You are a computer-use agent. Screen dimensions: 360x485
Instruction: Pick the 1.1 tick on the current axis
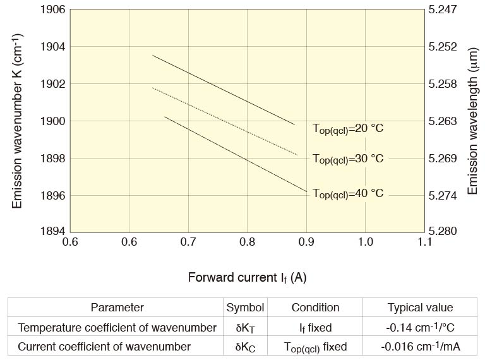click(425, 242)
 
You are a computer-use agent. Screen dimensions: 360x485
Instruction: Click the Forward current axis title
click(247, 277)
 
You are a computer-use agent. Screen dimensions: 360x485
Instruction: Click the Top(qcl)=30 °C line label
click(348, 159)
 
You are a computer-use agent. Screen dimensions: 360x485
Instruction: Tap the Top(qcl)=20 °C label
click(348, 128)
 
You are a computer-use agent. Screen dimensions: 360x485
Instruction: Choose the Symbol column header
click(245, 308)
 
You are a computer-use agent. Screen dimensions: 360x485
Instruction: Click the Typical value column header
click(420, 308)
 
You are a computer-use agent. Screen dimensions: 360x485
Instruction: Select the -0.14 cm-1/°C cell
click(420, 327)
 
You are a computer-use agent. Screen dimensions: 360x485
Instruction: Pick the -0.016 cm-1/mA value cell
click(420, 346)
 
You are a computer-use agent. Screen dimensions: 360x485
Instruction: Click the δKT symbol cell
click(245, 327)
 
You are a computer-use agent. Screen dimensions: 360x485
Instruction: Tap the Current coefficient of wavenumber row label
click(104, 346)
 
